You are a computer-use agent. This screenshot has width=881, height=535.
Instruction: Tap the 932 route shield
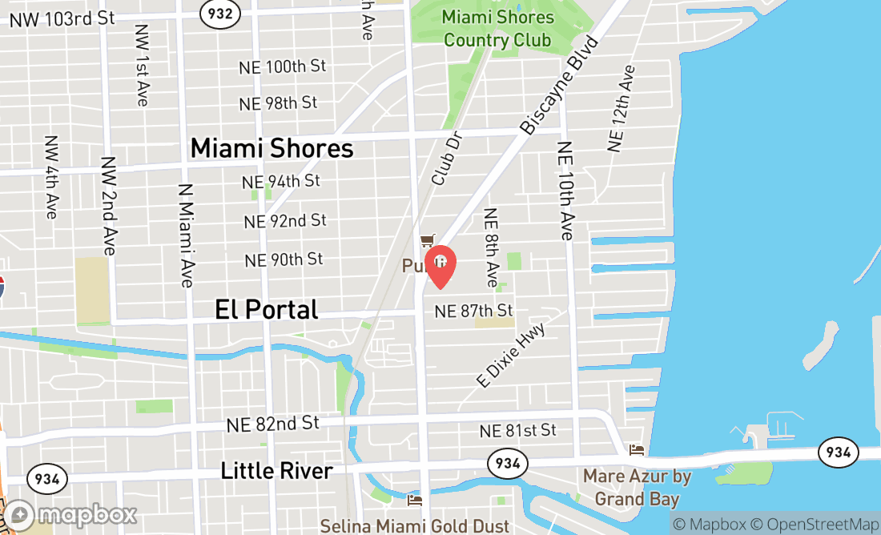click(x=220, y=13)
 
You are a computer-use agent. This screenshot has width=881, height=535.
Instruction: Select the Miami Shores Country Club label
click(x=497, y=28)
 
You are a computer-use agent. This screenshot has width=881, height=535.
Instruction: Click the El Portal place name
click(x=267, y=310)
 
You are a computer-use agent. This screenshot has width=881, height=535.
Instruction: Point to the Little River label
click(x=276, y=471)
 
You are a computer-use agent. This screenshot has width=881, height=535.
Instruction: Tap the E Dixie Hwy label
click(x=511, y=356)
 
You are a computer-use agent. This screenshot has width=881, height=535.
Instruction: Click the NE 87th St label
click(x=473, y=311)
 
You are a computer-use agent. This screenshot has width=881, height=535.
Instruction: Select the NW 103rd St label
click(x=62, y=18)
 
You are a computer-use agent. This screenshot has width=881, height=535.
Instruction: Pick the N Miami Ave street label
click(x=186, y=236)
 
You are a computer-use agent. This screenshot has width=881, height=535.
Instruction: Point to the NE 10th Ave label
click(x=565, y=191)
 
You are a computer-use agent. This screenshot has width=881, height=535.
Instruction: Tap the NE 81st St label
click(x=517, y=431)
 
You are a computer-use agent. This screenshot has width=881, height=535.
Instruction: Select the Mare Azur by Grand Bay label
click(x=637, y=488)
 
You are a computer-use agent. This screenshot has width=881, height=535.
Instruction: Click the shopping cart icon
click(x=428, y=240)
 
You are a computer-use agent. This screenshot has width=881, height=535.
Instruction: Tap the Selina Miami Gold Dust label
click(x=415, y=526)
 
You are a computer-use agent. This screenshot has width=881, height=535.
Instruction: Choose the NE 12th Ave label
click(x=621, y=108)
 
